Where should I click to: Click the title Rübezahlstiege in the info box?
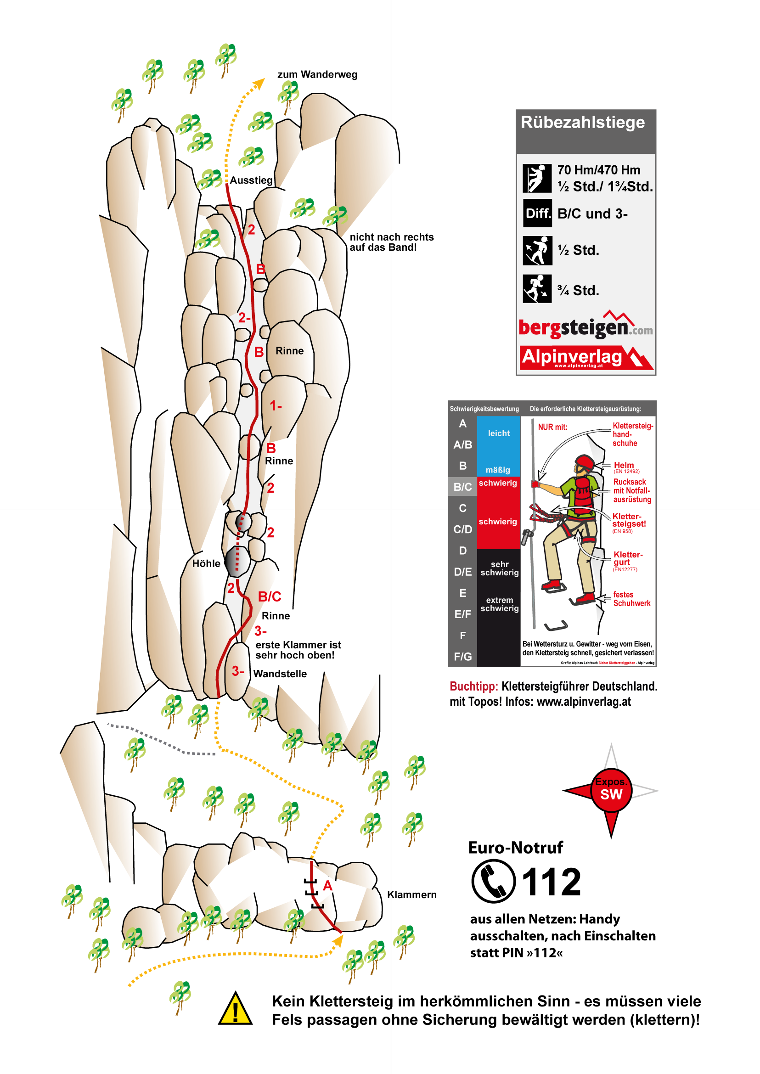583,123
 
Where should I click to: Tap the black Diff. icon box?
537,214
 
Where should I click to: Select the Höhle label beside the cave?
206,564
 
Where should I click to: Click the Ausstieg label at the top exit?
251,180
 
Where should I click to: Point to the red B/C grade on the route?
270,596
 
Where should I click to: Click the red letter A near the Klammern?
327,886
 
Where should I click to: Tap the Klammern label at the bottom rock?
412,895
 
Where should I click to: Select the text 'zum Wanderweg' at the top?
317,75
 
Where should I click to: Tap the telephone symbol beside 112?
493,881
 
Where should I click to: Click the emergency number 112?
551,882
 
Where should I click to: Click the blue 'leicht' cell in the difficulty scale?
498,434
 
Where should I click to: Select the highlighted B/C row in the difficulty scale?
462,487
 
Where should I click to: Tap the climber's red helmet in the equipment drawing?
585,462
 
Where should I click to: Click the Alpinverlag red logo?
585,358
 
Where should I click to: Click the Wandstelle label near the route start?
280,674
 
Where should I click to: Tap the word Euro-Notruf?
515,848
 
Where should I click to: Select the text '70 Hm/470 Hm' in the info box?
598,170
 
